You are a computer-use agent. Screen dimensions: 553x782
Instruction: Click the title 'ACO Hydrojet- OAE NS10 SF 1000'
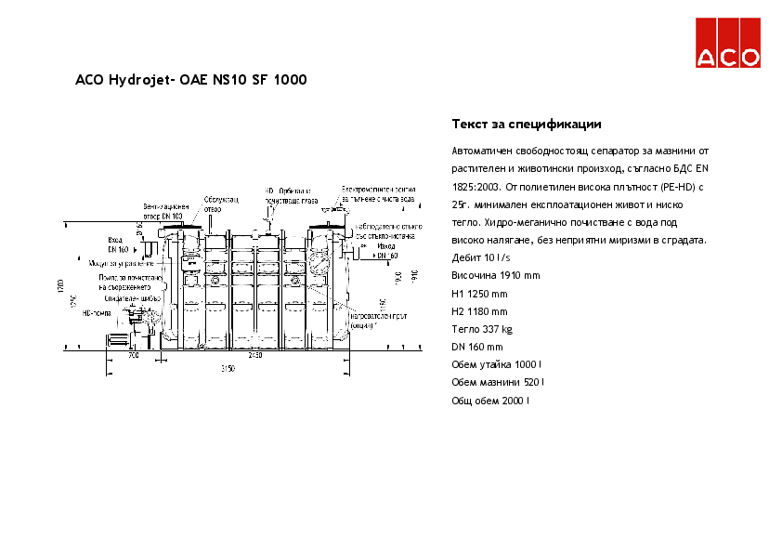190,80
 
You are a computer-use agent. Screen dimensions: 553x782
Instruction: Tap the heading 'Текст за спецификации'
526,124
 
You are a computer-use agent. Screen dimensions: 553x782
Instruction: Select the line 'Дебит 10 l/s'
480,257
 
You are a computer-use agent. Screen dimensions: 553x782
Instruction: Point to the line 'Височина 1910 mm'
495,276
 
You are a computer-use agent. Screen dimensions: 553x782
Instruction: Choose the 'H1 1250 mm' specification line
479,294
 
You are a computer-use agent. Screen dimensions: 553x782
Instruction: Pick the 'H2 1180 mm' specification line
479,311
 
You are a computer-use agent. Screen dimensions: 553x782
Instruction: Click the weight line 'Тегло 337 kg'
481,329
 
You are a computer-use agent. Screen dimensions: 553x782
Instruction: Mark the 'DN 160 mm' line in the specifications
476,347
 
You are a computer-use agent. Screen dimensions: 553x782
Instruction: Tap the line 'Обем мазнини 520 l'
498,383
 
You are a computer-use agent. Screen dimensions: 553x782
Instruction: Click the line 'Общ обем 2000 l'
490,401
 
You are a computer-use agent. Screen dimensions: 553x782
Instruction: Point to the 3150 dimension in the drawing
228,369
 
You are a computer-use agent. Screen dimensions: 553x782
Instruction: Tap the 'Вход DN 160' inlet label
117,245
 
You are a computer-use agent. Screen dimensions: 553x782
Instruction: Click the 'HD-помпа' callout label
97,313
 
